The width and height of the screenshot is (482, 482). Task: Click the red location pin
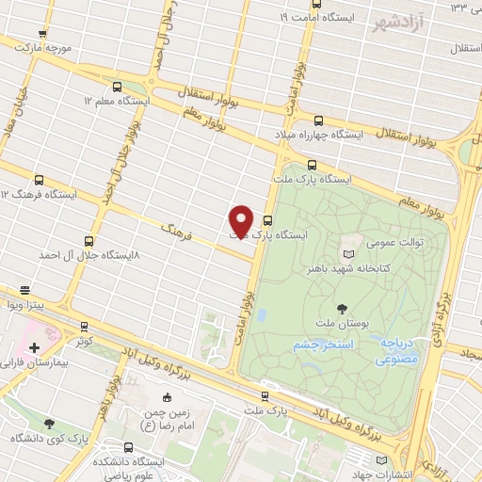pyautogui.click(x=241, y=220)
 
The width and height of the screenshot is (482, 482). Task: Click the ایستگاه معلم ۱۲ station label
pyautogui.click(x=117, y=100)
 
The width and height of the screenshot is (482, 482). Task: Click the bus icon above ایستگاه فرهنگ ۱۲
pyautogui.click(x=40, y=179)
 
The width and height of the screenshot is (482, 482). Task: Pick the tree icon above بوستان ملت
pyautogui.click(x=342, y=307)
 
